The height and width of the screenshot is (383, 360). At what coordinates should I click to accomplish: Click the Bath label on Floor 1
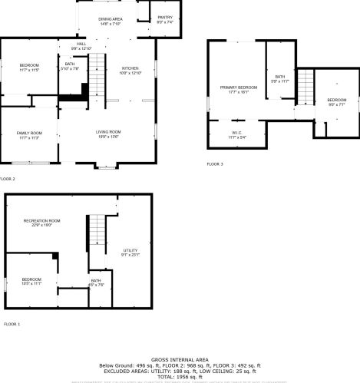coord(96,282)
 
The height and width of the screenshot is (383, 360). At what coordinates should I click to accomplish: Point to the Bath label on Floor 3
coord(280,78)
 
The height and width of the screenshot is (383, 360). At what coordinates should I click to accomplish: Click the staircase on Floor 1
coord(96,229)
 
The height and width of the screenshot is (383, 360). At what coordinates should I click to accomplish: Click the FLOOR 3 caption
coord(215,164)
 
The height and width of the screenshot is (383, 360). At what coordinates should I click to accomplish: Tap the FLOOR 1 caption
coord(12,325)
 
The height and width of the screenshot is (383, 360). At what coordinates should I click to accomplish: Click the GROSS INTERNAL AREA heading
coord(180,359)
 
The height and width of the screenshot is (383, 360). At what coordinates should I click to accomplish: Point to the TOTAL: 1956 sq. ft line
coord(180,376)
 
